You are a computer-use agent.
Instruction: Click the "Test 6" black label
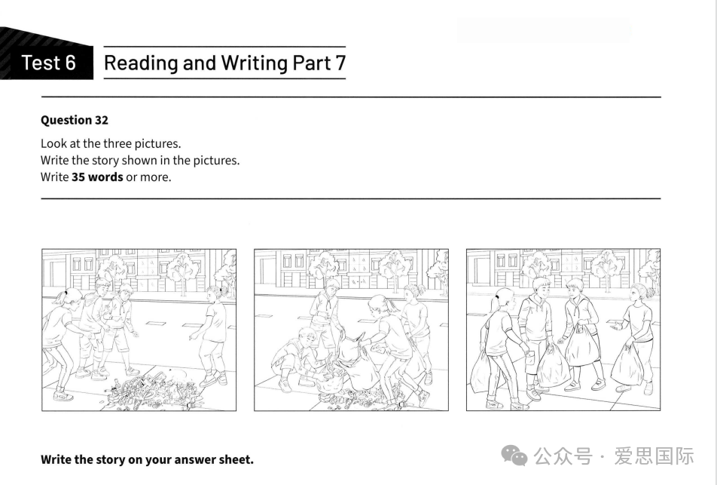pyautogui.click(x=47, y=63)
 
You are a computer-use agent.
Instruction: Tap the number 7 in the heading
pyautogui.click(x=340, y=63)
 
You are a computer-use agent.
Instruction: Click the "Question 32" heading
pyautogui.click(x=75, y=120)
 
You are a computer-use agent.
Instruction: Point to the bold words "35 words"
pyautogui.click(x=97, y=177)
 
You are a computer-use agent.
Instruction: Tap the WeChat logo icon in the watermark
pyautogui.click(x=514, y=456)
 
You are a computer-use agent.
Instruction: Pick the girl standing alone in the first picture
pyautogui.click(x=212, y=335)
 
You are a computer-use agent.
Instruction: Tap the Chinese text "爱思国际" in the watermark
pyautogui.click(x=654, y=456)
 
